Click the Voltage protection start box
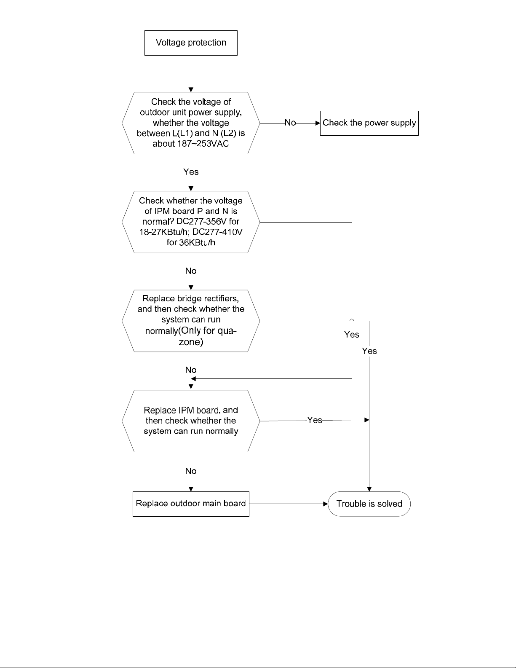point(191,43)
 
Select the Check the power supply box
point(369,123)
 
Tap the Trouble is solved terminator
point(369,504)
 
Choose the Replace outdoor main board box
point(191,504)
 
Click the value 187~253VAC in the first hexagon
point(203,144)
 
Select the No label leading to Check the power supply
point(290,123)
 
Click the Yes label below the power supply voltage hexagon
point(191,172)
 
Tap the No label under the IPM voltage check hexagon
point(191,271)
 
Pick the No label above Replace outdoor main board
point(191,471)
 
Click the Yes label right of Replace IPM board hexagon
point(315,420)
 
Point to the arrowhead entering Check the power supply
point(318,123)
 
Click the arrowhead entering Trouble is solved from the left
point(326,504)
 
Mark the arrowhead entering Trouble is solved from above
point(369,489)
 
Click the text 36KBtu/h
point(197,243)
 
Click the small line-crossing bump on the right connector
point(352,320)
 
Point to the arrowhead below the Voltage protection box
point(191,90)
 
